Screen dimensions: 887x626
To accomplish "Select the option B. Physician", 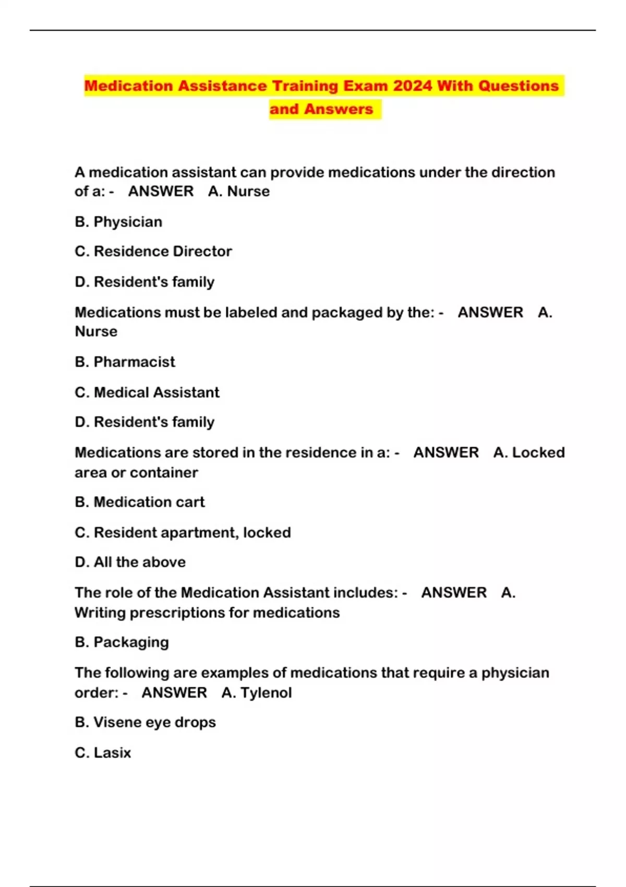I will coord(118,222).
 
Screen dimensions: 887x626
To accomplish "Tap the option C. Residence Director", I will coord(153,251).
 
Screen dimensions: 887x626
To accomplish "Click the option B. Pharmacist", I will coord(125,362).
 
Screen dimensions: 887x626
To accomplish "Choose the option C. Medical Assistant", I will coord(147,392).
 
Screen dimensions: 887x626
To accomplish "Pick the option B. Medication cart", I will coord(140,502).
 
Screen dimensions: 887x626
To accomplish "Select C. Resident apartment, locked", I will coord(183,533).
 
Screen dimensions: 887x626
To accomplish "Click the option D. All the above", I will coord(130,562).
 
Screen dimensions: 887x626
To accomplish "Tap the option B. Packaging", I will coord(122,642).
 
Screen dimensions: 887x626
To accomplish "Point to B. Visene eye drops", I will coord(146,723).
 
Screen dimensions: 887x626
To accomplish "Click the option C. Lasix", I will coord(103,753).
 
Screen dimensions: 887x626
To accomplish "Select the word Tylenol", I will coord(266,693).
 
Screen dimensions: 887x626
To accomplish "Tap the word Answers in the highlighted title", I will coord(339,109).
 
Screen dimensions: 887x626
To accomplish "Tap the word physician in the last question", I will coord(515,673).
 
